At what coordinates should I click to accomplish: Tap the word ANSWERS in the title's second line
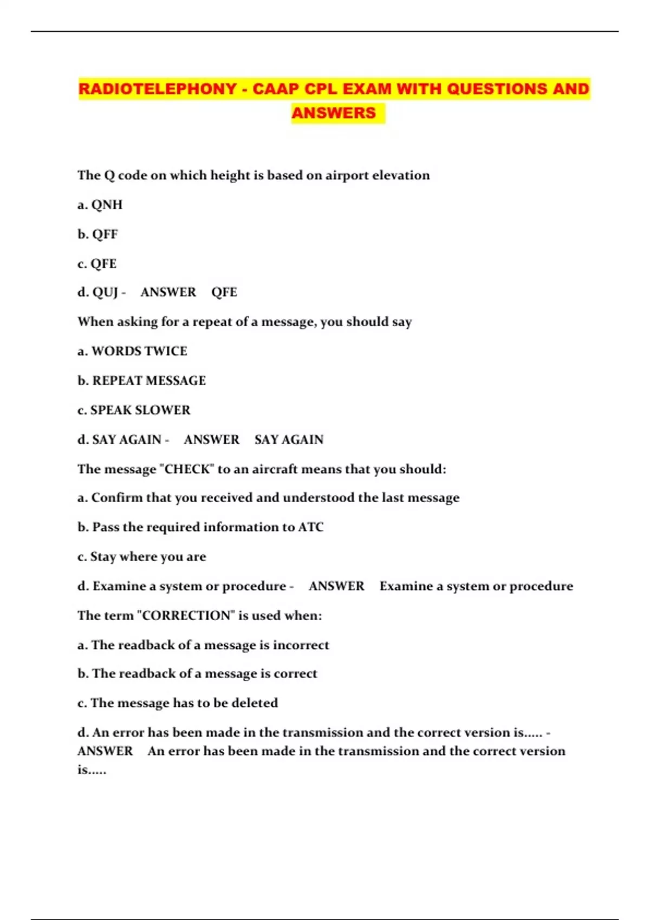click(334, 113)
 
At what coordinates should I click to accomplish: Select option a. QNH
click(100, 205)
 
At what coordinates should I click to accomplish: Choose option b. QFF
click(97, 234)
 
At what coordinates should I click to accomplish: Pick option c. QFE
click(97, 264)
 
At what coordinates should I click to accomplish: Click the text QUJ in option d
click(105, 292)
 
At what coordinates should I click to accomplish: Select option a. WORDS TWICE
click(132, 351)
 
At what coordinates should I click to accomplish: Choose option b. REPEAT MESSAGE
click(141, 381)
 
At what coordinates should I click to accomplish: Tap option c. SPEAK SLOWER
click(134, 410)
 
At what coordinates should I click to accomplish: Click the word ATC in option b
click(311, 527)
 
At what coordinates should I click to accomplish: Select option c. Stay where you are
click(142, 557)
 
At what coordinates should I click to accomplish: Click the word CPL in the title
click(321, 89)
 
